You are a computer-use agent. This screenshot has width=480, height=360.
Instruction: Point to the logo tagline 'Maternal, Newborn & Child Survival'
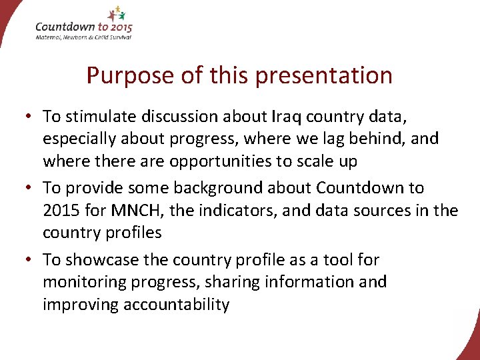83,37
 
